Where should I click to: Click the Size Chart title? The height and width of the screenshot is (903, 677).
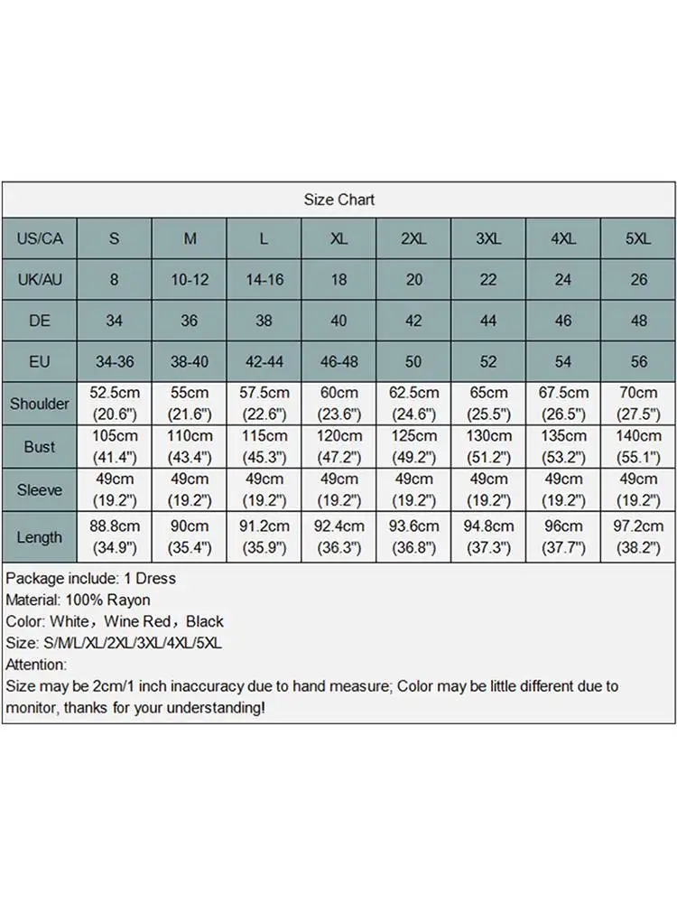coord(338,200)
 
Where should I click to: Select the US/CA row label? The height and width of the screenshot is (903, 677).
coord(40,238)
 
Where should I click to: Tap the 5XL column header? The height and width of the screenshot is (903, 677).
coord(638,238)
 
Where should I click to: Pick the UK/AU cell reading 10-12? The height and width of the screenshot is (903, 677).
coord(190,280)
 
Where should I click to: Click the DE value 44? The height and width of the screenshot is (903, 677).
coord(488,321)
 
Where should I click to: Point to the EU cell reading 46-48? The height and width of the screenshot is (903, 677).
coord(338,362)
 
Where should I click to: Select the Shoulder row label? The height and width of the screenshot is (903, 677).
coord(40,404)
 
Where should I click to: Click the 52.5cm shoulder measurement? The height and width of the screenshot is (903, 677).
coord(115,394)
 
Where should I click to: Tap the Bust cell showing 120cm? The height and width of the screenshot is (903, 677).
coord(338,436)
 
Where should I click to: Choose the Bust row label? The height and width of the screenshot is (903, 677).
coord(40,447)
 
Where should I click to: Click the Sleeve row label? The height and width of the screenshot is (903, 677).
coord(40,490)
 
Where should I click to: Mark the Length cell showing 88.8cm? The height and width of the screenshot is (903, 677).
coord(115,526)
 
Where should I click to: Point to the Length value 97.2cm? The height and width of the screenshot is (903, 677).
coord(638,526)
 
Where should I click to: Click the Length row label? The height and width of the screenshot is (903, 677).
coord(40,537)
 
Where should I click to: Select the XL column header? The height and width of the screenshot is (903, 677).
coord(338,238)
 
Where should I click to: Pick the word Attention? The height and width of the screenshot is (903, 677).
coord(35,665)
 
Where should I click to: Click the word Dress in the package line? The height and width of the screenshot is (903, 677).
coord(155,578)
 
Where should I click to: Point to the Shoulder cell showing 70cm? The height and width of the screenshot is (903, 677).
coord(638,394)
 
